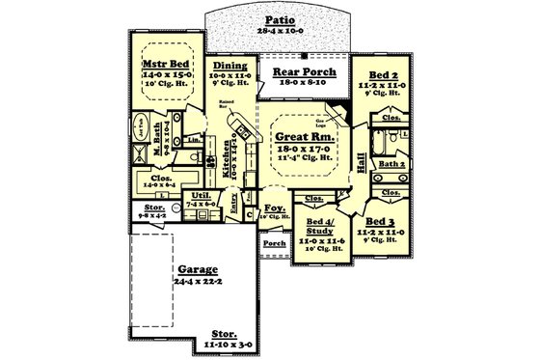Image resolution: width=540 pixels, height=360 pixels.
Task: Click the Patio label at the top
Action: [279, 18]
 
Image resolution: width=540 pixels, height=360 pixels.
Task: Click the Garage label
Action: [197, 270]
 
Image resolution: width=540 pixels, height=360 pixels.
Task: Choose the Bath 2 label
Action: [391, 165]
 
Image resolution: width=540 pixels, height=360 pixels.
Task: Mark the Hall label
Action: [362, 163]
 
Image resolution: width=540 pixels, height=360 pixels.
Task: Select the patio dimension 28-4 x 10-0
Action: [279, 31]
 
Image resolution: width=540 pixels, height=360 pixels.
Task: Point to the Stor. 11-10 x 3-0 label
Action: [229, 336]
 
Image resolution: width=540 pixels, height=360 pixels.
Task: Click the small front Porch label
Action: [275, 243]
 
